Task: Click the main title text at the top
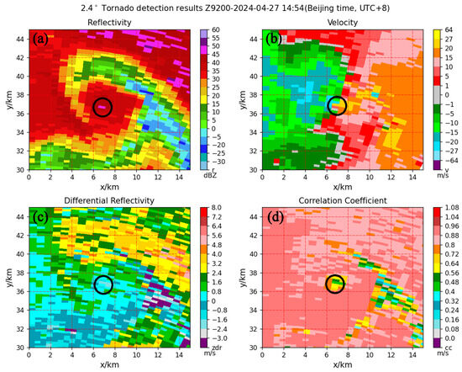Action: [x=231, y=8]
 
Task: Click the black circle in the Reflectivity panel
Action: [x=102, y=107]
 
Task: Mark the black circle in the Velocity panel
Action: [x=337, y=105]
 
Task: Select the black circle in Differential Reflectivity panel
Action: [x=103, y=284]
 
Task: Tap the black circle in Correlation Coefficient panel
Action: [x=336, y=284]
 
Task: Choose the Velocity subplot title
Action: [x=335, y=22]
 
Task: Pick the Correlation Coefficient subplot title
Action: [x=335, y=200]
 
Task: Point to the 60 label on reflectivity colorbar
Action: [x=214, y=29]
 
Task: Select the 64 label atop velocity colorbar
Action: [x=447, y=29]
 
